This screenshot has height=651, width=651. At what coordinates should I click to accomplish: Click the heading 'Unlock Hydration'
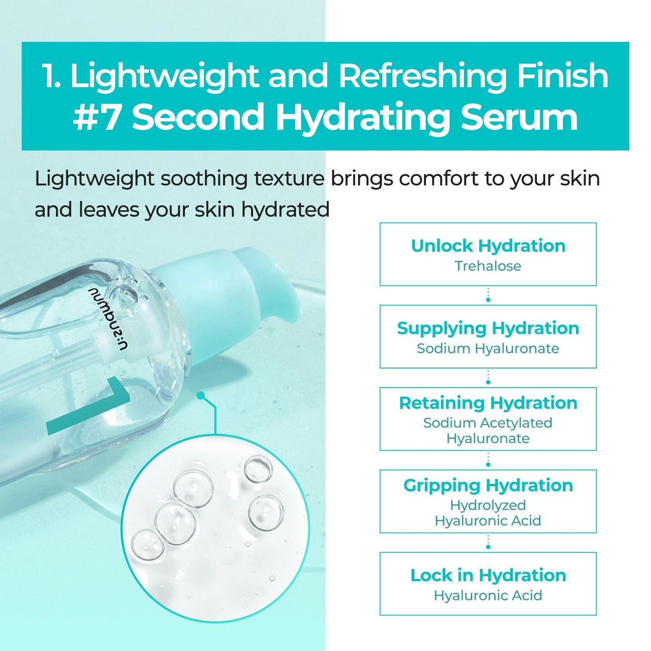[488, 246]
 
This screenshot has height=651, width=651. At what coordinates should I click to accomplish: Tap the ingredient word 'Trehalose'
[488, 266]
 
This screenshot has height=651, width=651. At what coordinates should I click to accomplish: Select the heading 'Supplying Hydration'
[488, 328]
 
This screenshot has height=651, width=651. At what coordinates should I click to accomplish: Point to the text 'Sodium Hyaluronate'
[488, 349]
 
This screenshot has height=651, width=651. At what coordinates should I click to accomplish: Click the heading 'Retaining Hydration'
[488, 403]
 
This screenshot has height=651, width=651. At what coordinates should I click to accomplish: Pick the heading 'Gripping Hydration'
[488, 485]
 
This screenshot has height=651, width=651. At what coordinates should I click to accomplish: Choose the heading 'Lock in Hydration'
[488, 575]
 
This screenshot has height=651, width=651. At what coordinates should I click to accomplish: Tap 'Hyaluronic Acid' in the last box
[488, 596]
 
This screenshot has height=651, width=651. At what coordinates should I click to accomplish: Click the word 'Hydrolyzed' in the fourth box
[488, 505]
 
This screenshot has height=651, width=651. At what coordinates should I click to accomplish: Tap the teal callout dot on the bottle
[201, 395]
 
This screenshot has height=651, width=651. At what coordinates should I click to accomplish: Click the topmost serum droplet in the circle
[258, 469]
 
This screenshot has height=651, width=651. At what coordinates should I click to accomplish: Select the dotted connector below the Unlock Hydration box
[488, 296]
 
